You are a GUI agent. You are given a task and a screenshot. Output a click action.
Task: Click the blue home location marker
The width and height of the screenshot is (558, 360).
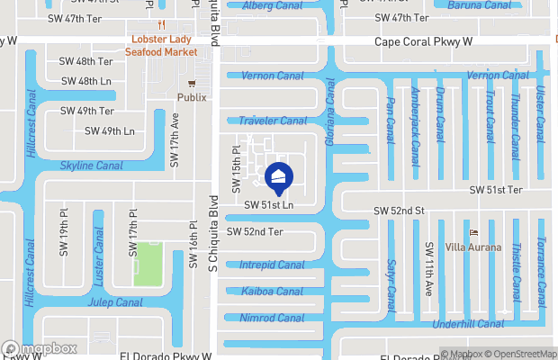279,178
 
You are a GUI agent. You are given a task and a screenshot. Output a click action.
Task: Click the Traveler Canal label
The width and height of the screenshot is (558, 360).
272,121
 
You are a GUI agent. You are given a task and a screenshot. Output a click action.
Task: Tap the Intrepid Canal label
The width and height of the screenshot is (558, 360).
272,265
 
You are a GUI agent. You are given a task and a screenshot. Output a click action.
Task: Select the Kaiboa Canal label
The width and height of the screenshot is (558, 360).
272,291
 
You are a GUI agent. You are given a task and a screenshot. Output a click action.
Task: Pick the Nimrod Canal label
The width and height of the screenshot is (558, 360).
272,318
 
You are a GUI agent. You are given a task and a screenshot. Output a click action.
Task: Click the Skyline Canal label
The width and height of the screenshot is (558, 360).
91,166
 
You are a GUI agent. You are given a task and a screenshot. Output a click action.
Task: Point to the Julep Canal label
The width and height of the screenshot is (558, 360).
113,302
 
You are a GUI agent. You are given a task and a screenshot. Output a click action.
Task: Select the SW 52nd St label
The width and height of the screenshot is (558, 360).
399,211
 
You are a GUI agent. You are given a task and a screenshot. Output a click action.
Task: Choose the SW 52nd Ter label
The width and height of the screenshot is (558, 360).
255,231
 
